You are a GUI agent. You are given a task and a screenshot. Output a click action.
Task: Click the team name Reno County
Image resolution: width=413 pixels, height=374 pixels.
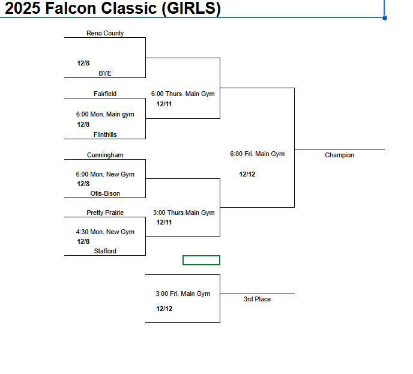pos(105,34)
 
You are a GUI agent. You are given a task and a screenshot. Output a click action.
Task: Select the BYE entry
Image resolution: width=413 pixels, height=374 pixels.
pos(105,74)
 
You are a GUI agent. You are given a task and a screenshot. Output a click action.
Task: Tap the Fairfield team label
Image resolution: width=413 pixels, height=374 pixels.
pos(105,94)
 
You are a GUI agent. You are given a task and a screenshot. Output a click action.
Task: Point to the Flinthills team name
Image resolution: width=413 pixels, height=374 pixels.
pos(105,135)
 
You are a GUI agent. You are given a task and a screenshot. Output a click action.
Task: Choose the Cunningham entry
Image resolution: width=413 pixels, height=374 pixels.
pos(105,155)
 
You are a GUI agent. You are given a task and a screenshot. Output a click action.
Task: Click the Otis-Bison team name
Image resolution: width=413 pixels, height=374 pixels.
pos(105,194)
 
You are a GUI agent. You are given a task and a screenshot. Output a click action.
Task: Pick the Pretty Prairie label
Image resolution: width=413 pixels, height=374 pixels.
pos(105,213)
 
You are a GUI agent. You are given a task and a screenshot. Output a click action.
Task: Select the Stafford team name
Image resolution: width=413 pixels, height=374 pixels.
pos(105,252)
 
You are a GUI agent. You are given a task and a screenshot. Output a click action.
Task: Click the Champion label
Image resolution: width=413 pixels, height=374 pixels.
pos(339,155)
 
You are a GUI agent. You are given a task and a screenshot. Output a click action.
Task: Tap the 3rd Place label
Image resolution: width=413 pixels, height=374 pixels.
pos(257,300)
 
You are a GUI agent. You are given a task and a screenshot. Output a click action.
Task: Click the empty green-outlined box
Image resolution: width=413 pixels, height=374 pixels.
pos(201,260)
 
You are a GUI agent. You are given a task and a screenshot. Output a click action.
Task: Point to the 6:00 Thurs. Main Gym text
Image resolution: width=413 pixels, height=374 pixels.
pos(182,94)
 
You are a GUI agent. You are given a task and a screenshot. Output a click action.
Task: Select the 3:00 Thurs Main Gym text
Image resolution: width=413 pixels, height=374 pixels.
pos(184,213)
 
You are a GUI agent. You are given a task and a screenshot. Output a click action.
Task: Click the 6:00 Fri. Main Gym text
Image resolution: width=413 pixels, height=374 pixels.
pos(257,154)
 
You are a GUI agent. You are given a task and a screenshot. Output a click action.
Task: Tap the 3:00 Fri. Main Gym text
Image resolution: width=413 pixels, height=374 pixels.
pos(182,294)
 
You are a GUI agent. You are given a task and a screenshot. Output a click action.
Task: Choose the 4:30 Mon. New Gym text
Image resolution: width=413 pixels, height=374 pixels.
pos(105,232)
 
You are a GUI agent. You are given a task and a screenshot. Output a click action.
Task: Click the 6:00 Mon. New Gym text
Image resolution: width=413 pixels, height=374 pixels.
pos(105,175)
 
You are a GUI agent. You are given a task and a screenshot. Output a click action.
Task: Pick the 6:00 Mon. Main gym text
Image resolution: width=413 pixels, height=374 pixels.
pos(105,115)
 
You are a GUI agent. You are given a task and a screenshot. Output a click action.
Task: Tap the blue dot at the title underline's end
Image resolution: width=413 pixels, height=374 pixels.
pos(385,18)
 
